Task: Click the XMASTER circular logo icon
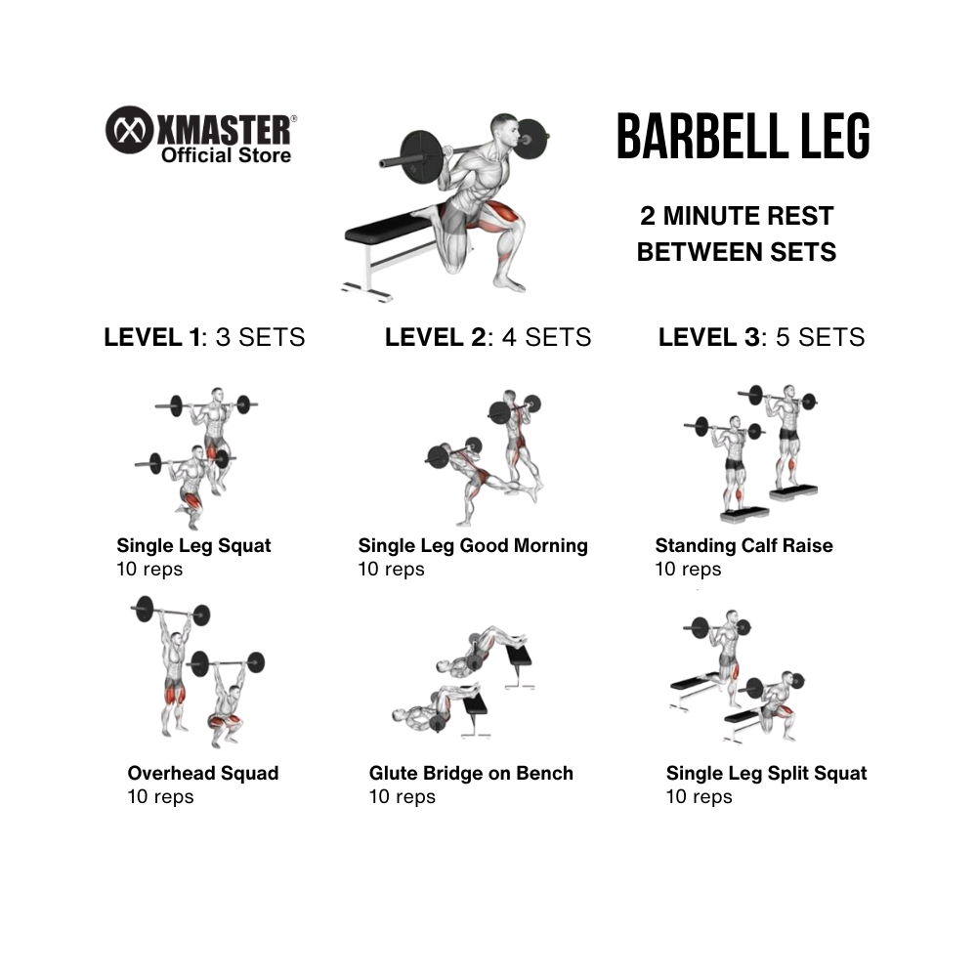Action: pos(129,130)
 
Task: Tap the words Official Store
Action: pos(227,155)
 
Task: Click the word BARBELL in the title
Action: pos(701,136)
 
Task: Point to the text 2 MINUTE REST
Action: pos(737,216)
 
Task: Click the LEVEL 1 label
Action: pos(152,337)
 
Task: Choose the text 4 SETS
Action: pos(546,337)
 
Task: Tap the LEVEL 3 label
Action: pos(709,337)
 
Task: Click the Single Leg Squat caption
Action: pos(193,546)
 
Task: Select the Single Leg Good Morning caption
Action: pos(473,546)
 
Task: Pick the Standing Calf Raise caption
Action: pos(743,546)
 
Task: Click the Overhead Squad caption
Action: pos(203,773)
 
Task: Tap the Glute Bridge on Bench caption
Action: pos(471,773)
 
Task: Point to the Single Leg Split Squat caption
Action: pos(766,773)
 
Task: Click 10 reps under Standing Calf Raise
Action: pos(688,570)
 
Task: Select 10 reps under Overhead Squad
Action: pos(161,797)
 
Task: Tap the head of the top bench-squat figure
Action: pos(504,129)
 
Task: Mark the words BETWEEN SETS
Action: pos(737,252)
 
